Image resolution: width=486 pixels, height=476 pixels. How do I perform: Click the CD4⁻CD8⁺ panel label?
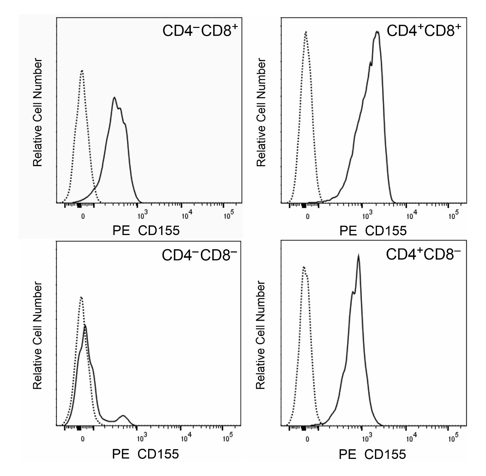200,31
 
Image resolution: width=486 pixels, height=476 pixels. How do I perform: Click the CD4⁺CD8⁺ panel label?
424,31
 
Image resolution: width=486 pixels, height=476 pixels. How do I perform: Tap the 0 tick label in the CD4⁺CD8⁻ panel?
307,439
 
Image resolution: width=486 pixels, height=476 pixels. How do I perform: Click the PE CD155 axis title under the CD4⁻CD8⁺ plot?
146,231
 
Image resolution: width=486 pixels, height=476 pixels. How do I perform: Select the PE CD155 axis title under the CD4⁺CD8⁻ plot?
372,454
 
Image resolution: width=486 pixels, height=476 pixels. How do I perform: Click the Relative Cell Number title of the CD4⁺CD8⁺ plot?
262,112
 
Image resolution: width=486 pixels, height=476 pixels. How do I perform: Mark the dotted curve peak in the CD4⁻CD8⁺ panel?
82,71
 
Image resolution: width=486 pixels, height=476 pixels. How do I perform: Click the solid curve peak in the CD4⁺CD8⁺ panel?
377,32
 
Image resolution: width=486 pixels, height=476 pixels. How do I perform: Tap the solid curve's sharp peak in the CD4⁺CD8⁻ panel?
358,256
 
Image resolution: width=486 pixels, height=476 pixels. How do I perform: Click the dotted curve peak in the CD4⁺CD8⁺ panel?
306,32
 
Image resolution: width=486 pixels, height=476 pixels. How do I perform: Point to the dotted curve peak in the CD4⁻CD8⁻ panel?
81,298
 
